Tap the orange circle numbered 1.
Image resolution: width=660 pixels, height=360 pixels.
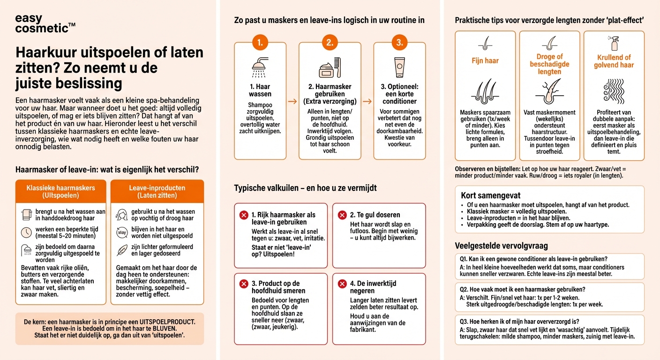click(260, 43)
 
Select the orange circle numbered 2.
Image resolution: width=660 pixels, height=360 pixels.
click(330, 43)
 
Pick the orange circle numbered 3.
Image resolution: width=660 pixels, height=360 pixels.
click(399, 43)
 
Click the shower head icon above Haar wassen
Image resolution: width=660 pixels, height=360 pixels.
click(260, 67)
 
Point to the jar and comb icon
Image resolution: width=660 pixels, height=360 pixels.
click(330, 68)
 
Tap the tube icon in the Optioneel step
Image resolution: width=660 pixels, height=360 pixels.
click(399, 67)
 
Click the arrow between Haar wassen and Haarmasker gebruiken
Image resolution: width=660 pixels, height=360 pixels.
click(292, 101)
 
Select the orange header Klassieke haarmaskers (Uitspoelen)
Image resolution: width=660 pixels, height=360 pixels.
click(61, 191)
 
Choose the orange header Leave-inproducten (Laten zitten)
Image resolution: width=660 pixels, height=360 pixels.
click(157, 191)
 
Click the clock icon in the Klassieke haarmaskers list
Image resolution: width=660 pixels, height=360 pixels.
click(26, 232)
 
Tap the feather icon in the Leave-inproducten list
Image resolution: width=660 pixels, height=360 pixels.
click(122, 250)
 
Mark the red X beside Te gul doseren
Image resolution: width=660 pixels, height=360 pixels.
click(342, 215)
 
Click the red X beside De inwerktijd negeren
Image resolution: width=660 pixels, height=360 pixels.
click(342, 284)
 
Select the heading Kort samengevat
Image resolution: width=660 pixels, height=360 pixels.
click(490, 195)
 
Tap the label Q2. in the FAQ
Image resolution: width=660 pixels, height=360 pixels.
click(465, 289)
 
